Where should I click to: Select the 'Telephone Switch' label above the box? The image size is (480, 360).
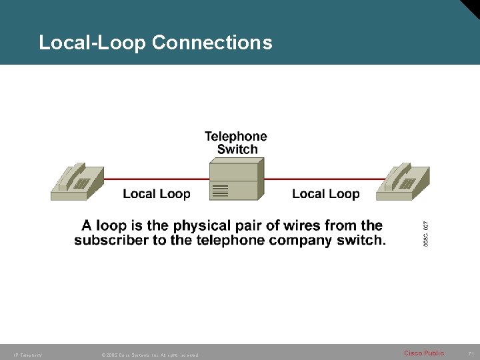pos(235,143)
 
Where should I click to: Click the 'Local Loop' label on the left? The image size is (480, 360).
pos(157,194)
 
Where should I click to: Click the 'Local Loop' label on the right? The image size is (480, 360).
pos(325,194)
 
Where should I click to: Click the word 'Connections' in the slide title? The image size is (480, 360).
pos(212,43)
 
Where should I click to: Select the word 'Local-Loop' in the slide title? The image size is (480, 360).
pos(93,43)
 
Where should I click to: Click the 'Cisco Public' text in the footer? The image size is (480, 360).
pos(424,353)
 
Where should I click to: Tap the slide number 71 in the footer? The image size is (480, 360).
pos(470,353)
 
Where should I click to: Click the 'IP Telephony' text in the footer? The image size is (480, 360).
pos(27,354)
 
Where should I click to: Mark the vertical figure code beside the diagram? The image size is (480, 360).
pos(426,230)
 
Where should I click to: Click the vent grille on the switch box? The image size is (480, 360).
pos(220,192)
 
